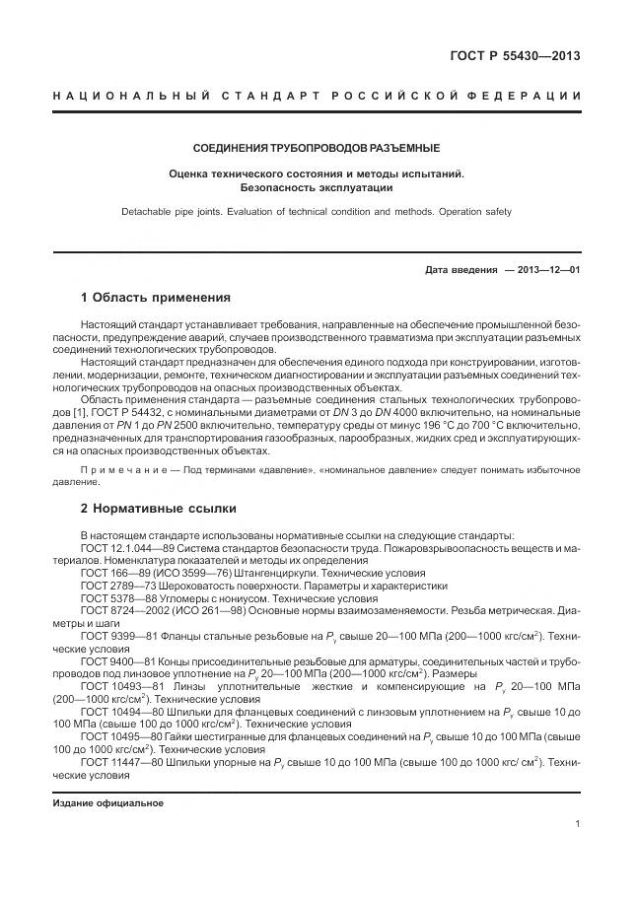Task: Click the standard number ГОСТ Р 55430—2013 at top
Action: click(x=515, y=54)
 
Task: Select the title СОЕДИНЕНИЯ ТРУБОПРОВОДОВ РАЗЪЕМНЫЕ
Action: click(x=316, y=149)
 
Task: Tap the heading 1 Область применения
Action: click(x=155, y=297)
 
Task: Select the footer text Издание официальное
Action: click(x=108, y=801)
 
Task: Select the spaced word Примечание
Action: click(x=123, y=470)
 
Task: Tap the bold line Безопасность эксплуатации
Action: click(x=316, y=186)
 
